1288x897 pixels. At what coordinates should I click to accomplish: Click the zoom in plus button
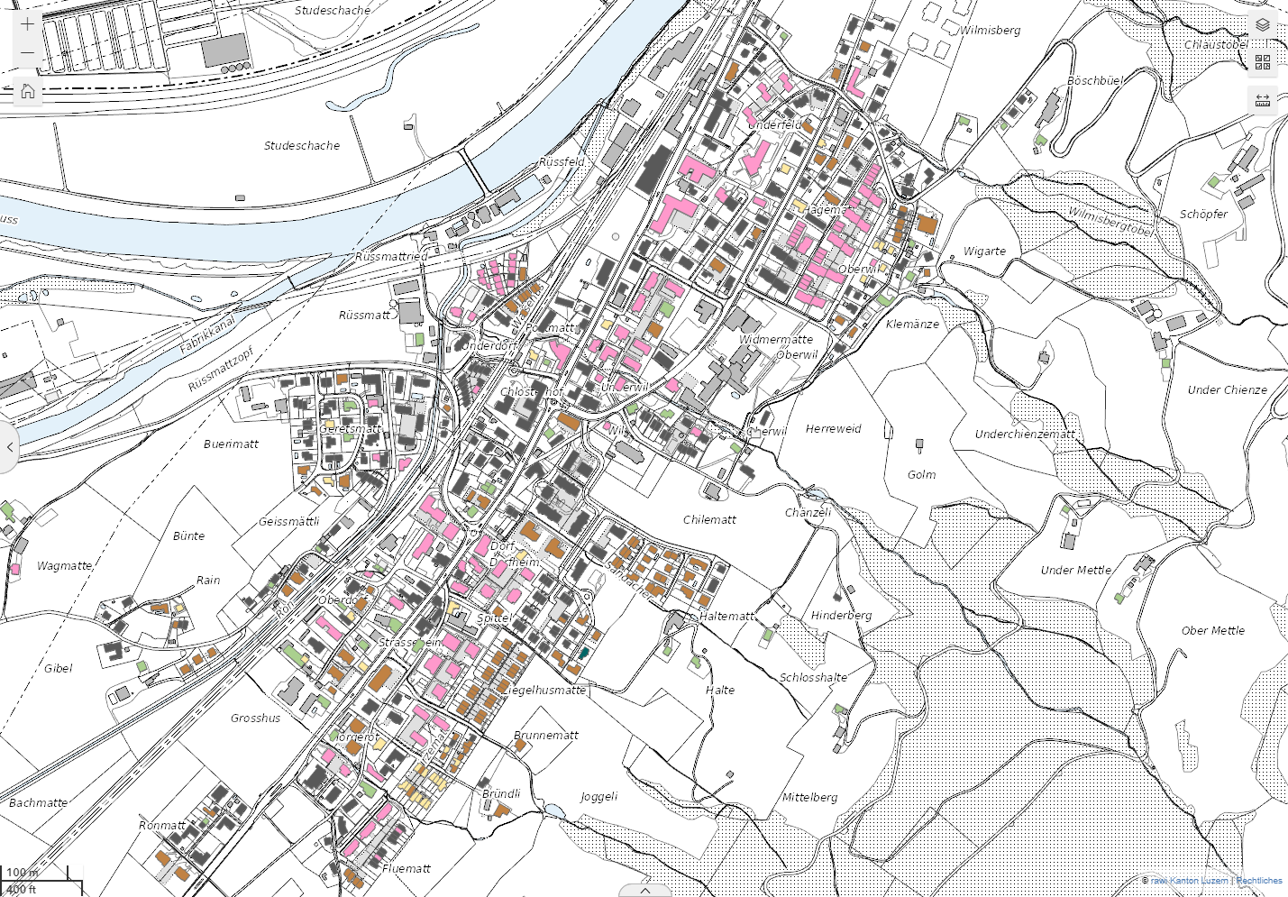point(28,24)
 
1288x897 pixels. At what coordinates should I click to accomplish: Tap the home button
point(28,91)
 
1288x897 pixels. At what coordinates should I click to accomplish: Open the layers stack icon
point(1262,25)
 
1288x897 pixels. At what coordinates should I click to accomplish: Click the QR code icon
point(1262,62)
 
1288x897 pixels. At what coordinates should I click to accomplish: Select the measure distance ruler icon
point(1262,99)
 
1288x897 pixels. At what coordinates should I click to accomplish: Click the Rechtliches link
point(1258,881)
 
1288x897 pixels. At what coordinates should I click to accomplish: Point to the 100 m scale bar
point(23,873)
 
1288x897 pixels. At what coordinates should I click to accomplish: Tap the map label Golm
point(921,474)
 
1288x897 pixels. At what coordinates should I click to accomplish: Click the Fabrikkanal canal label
point(206,334)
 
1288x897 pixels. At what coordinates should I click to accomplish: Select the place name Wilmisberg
point(990,31)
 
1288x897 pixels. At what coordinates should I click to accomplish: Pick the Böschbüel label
point(1095,81)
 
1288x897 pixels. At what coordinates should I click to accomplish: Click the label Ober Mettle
point(1212,630)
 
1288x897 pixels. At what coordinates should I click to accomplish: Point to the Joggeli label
point(598,796)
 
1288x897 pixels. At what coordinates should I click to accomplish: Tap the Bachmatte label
point(38,802)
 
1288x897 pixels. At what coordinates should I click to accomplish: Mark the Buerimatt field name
point(231,444)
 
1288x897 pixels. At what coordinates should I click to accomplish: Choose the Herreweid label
point(833,428)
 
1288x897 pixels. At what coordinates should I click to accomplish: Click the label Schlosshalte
point(813,677)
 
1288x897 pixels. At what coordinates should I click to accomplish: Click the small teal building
point(583,654)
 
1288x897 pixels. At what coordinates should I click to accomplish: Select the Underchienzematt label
point(1025,434)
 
